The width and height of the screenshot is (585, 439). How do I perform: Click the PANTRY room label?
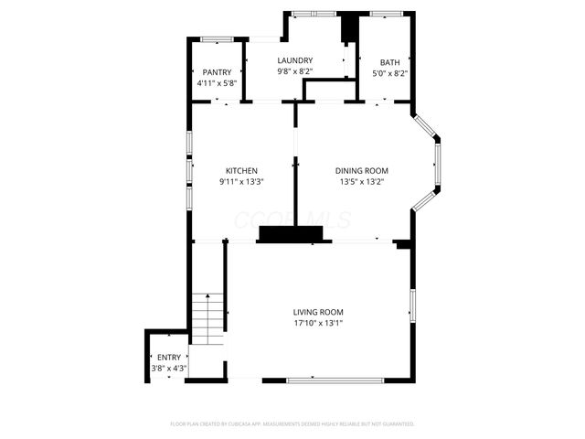[217, 72]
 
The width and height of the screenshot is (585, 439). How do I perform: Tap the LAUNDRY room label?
[294, 60]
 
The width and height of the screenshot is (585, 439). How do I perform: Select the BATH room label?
[390, 62]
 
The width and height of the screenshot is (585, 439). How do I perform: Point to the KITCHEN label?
[241, 171]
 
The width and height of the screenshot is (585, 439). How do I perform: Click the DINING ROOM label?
[362, 171]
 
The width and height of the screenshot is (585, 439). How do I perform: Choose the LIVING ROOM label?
[318, 312]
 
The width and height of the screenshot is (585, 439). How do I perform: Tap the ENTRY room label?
[169, 358]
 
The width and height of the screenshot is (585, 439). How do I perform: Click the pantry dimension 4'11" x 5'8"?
[217, 83]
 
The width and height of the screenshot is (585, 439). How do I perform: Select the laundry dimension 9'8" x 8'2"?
[294, 71]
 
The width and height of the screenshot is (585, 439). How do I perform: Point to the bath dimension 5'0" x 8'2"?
[390, 73]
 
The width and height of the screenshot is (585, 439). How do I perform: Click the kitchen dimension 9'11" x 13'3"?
[241, 182]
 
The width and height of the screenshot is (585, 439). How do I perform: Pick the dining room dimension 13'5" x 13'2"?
[362, 182]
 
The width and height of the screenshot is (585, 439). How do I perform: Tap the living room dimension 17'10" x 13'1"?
[318, 323]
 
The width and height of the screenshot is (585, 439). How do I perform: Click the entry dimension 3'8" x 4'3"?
[169, 369]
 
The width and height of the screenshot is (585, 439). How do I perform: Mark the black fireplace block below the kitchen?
[294, 235]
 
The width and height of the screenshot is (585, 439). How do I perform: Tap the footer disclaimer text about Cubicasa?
[292, 423]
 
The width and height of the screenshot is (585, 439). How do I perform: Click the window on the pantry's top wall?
[217, 38]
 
